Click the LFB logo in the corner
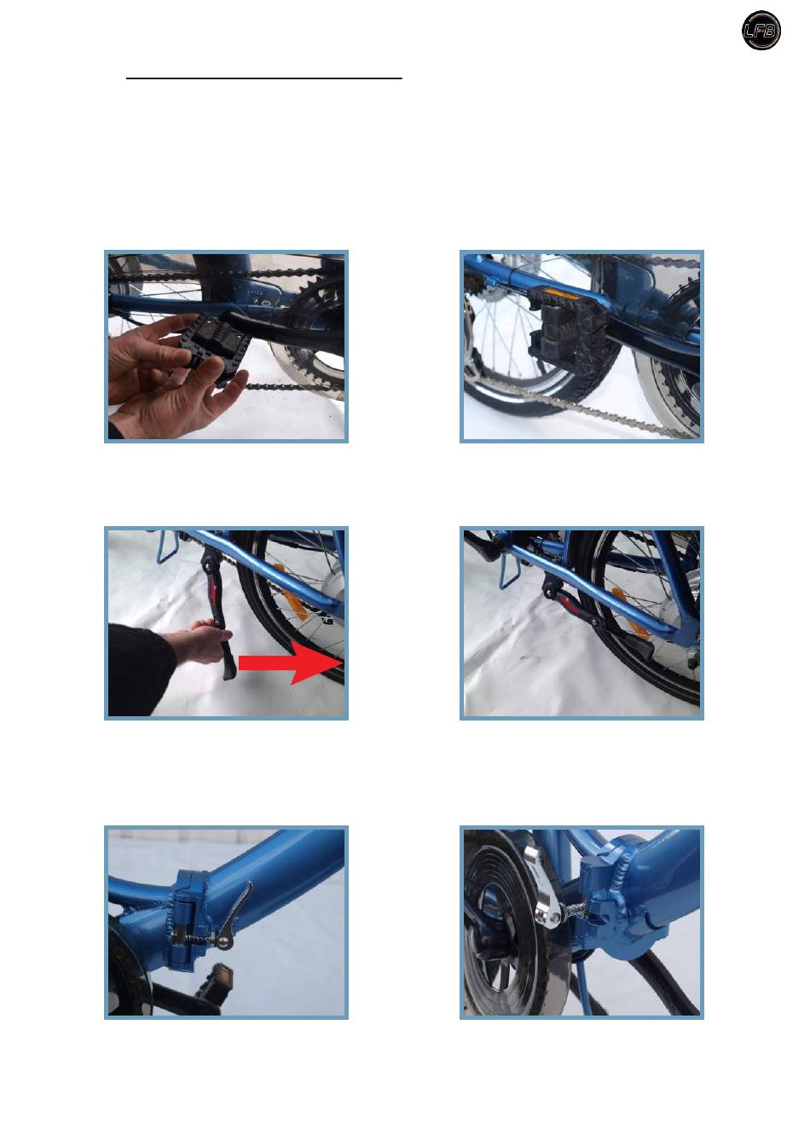(761, 31)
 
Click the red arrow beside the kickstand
(291, 663)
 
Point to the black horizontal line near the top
(264, 78)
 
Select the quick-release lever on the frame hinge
(234, 915)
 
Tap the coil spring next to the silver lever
(573, 909)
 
